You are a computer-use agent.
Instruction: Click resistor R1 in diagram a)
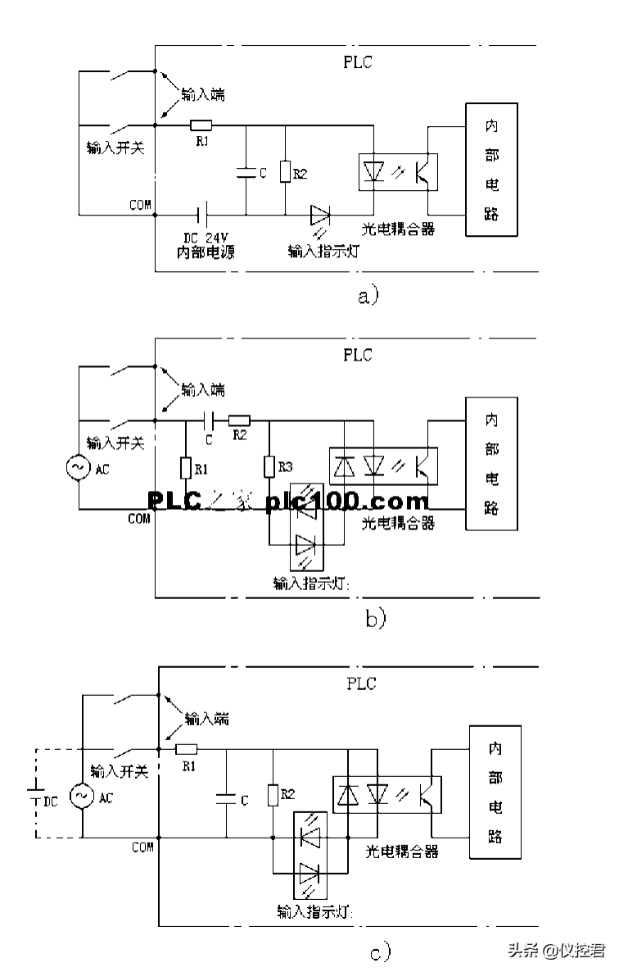201,125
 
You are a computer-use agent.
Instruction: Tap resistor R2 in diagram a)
284,172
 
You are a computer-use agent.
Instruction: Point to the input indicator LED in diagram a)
320,216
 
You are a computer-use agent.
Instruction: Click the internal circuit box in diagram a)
491,170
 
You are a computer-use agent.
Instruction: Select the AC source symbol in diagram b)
79,467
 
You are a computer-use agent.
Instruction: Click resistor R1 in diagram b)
185,467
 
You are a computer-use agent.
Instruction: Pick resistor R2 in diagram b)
239,420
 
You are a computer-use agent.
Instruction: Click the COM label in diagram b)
139,519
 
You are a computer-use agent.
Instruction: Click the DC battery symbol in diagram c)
35,794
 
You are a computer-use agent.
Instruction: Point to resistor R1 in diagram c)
188,748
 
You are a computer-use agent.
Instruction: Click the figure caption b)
375,619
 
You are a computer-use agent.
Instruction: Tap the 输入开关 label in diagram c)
119,772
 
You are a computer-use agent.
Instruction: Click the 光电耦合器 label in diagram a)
397,227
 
